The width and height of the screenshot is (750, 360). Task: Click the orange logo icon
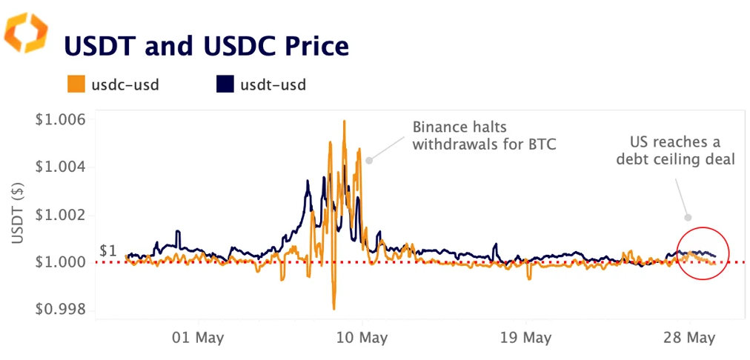tap(26, 33)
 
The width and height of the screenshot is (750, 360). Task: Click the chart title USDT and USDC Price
tap(206, 47)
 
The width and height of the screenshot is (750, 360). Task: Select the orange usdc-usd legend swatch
tap(76, 84)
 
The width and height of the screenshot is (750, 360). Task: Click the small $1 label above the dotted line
tap(108, 250)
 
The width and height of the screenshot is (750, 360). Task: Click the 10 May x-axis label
tap(363, 339)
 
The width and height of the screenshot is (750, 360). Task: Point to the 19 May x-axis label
tap(525, 339)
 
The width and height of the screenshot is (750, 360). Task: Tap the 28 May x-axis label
tap(689, 339)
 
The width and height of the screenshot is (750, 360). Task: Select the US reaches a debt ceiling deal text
tap(675, 150)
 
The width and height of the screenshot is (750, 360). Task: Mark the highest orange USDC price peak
tap(344, 121)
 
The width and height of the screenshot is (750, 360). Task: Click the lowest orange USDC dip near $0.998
tap(334, 308)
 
